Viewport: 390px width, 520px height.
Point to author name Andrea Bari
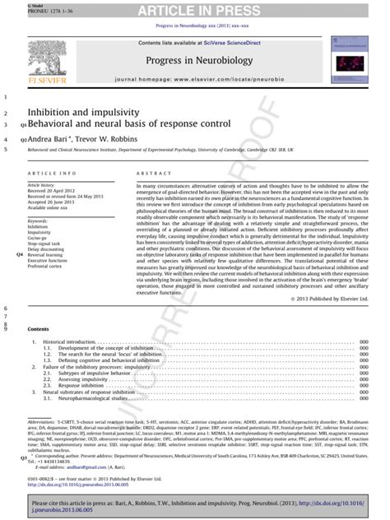51,140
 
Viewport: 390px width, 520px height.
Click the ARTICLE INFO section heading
53,174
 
